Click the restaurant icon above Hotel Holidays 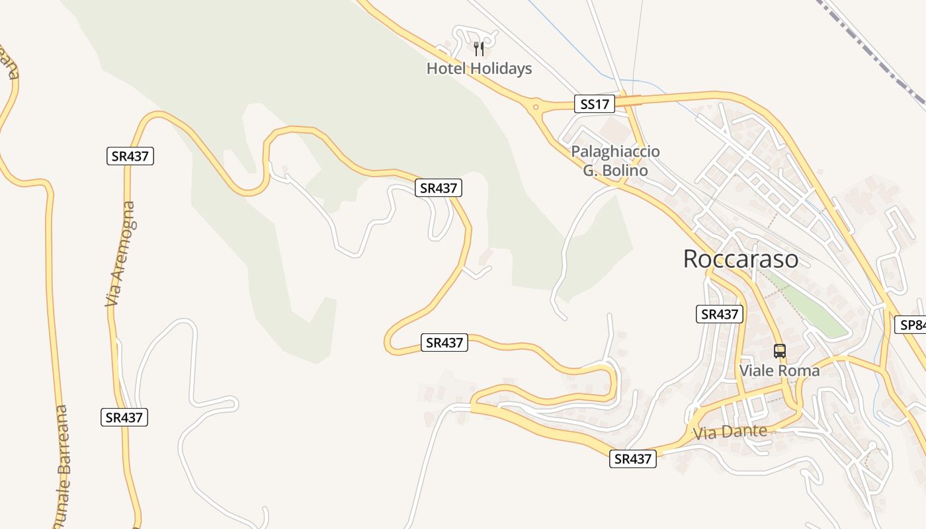pos(480,48)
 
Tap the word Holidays pos(501,68)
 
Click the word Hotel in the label pos(446,68)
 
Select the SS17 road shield pos(594,104)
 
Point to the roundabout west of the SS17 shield pos(534,106)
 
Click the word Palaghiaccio pos(615,151)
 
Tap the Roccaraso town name pos(740,259)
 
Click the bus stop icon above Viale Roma pos(780,351)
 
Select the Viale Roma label pos(779,370)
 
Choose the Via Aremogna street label pos(120,254)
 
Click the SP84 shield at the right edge pos(911,325)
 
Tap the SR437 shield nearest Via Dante pos(633,458)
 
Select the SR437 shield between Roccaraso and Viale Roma pos(720,314)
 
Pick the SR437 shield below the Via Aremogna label pos(124,417)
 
